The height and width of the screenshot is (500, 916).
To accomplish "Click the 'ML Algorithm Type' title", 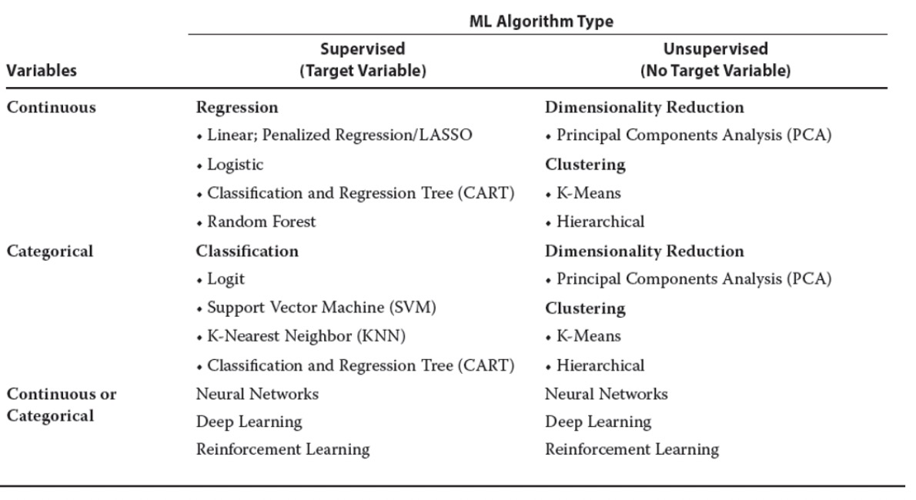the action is pos(541,22).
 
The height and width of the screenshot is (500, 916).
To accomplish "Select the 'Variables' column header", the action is pos(42,70).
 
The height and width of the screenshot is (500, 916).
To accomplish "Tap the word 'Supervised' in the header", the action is pos(363,48).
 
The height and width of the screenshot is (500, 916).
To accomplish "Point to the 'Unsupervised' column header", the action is pos(715,48).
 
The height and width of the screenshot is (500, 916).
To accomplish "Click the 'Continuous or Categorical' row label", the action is pos(62,405).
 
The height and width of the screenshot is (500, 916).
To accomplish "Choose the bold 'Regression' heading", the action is pos(237,108).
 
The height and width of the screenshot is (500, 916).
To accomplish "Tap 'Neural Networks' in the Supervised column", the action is pos(257,394).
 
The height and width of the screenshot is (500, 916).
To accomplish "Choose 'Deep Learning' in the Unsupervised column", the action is pos(597,422).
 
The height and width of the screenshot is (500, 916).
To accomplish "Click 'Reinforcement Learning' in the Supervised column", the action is pos(282,449).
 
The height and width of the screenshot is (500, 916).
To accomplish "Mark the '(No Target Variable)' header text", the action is pos(715,71).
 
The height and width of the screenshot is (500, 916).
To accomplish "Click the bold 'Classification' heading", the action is pos(247,252).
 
